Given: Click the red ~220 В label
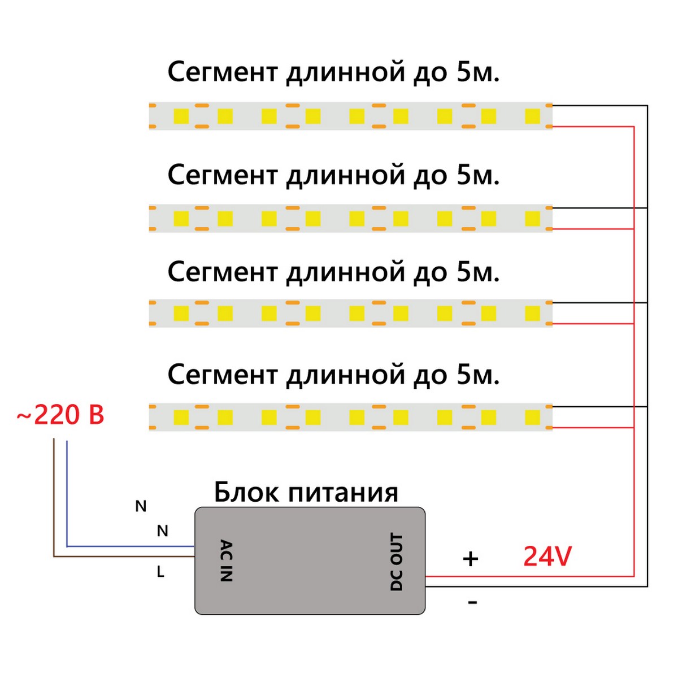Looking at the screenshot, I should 60,415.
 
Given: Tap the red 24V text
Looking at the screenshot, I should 547,557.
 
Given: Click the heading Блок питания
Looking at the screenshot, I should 306,492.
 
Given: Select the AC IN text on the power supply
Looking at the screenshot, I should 225,560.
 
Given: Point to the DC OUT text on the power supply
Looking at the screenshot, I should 397,562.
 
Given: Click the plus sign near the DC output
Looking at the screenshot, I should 470,559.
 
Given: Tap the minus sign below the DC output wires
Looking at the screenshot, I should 472,603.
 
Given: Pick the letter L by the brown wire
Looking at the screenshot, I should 160,572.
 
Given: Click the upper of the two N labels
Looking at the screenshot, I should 141,506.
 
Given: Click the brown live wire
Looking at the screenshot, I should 113,557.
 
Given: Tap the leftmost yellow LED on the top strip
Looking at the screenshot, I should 181,116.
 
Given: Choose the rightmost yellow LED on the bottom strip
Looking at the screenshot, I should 532,418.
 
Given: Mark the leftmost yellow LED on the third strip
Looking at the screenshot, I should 181,313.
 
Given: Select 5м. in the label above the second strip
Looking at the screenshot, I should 477,176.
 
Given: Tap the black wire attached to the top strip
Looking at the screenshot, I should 599,106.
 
